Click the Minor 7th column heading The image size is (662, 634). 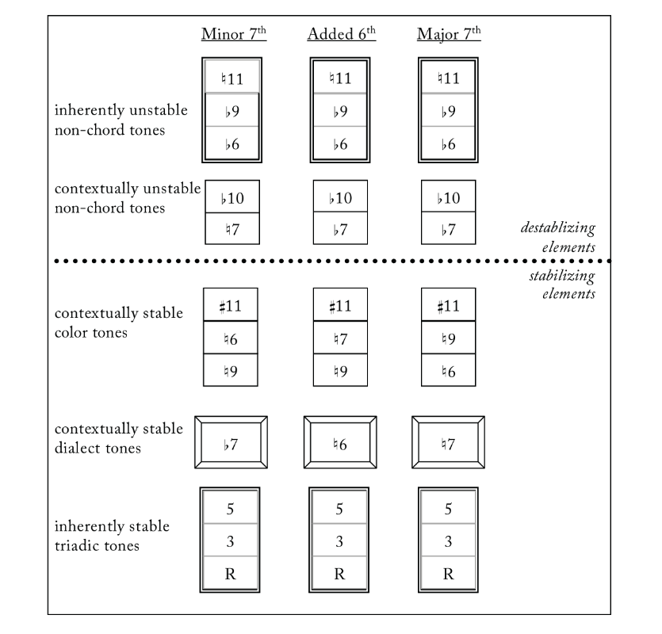[x=231, y=34]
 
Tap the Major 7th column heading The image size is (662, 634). [x=448, y=34]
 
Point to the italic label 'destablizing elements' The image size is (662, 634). [x=557, y=237]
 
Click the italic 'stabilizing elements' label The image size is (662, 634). [x=562, y=285]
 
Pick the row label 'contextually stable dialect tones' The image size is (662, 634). [x=119, y=438]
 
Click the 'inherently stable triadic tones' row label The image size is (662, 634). [x=112, y=536]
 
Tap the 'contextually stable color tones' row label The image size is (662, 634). [x=119, y=323]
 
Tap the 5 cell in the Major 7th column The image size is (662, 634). [x=448, y=509]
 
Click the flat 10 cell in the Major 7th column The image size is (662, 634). [x=448, y=198]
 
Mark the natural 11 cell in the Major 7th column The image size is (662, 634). [x=448, y=78]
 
